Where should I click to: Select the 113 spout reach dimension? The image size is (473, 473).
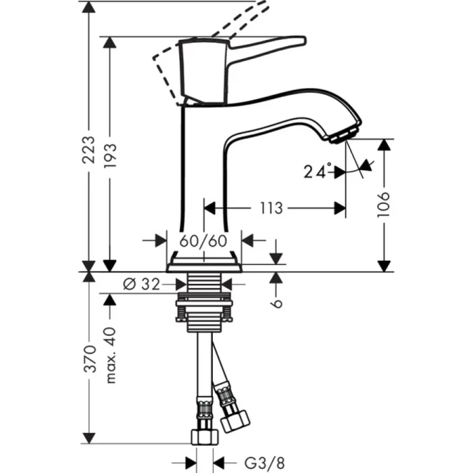click(270, 207)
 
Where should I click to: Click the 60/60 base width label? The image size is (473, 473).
click(203, 241)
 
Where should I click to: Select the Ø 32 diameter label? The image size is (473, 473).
click(142, 284)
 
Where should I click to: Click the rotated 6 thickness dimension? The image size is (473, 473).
click(276, 303)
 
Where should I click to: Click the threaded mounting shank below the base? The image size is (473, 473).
click(203, 297)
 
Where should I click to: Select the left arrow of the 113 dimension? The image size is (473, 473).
click(210, 208)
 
